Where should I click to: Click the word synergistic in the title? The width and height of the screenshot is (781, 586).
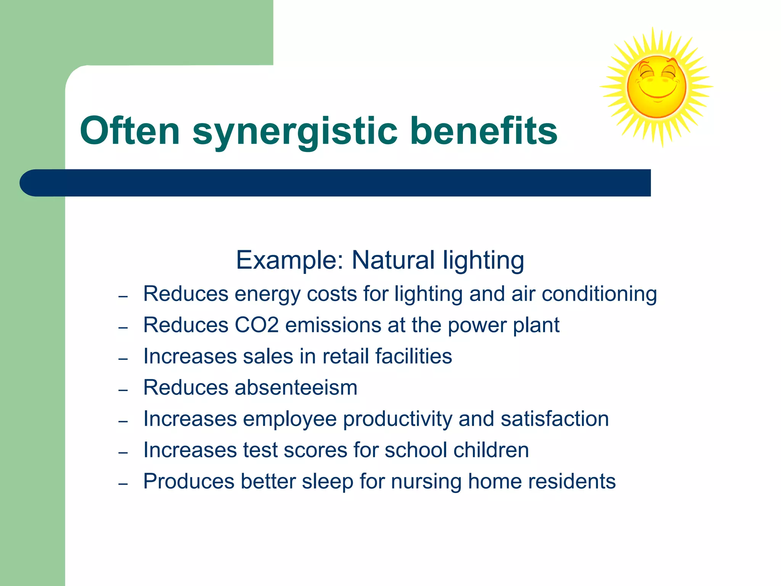tap(295, 132)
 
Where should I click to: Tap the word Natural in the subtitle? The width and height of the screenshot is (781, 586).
tap(393, 260)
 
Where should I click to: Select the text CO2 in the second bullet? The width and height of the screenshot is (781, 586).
tap(256, 325)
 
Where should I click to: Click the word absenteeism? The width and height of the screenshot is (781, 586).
tap(296, 388)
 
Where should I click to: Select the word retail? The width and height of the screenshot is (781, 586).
tap(346, 356)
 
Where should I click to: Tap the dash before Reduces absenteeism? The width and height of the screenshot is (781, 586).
tap(123, 390)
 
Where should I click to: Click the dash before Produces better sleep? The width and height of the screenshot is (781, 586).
tap(123, 484)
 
